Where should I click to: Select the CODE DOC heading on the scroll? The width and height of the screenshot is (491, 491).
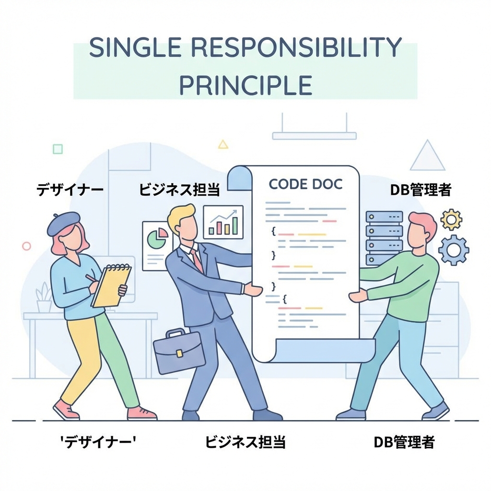[x=305, y=184]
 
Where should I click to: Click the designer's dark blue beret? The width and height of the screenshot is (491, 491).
[x=64, y=221]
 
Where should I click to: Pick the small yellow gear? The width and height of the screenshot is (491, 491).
[x=451, y=219]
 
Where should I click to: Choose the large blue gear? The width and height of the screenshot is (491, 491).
[x=453, y=250]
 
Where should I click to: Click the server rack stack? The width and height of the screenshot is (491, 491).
[x=384, y=238]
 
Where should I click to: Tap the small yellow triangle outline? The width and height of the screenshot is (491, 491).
[x=223, y=144]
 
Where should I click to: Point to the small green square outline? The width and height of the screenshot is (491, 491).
[x=58, y=149]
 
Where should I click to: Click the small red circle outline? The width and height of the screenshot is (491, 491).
[x=26, y=246]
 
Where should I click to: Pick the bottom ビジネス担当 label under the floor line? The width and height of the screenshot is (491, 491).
[x=245, y=442]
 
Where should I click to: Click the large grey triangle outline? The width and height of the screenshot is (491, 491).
[x=427, y=156]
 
